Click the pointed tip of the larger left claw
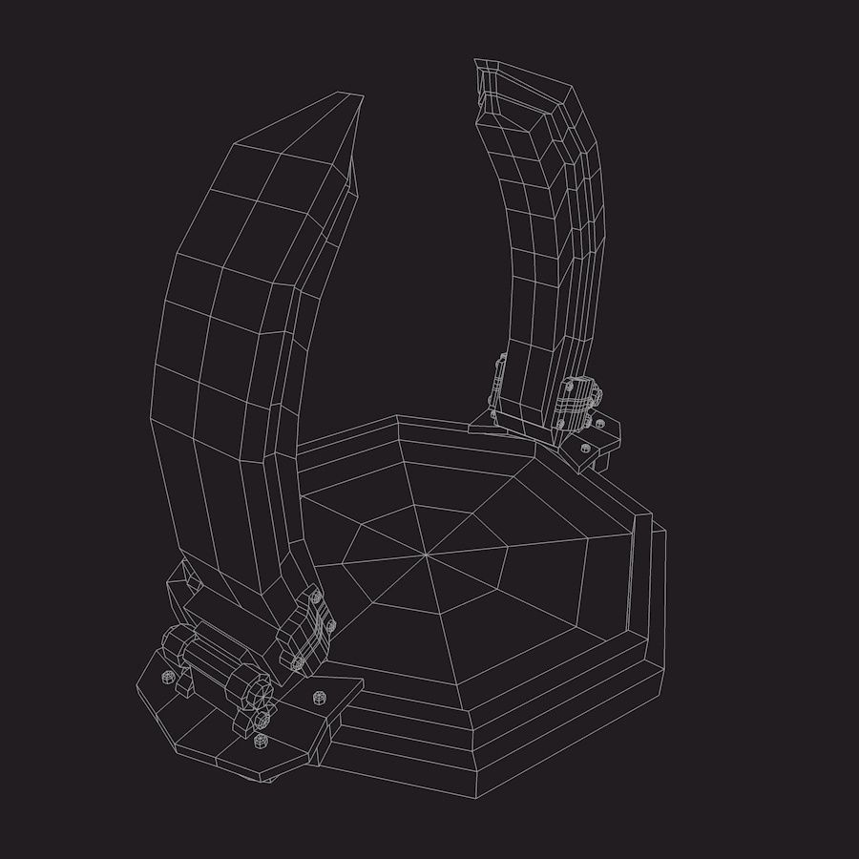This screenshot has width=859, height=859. pos(361,96)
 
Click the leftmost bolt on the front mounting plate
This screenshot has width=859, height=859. pos(169,676)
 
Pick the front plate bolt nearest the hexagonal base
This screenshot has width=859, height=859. pos(318,696)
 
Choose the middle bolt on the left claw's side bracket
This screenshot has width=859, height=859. pos(330,625)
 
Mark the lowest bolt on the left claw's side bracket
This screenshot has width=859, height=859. pos(298,661)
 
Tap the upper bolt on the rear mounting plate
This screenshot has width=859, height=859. pos(599,424)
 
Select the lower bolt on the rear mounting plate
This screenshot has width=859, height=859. pos(583,446)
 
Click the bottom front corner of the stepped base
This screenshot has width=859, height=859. pos(476,797)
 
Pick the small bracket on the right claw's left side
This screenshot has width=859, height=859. pos(499,382)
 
